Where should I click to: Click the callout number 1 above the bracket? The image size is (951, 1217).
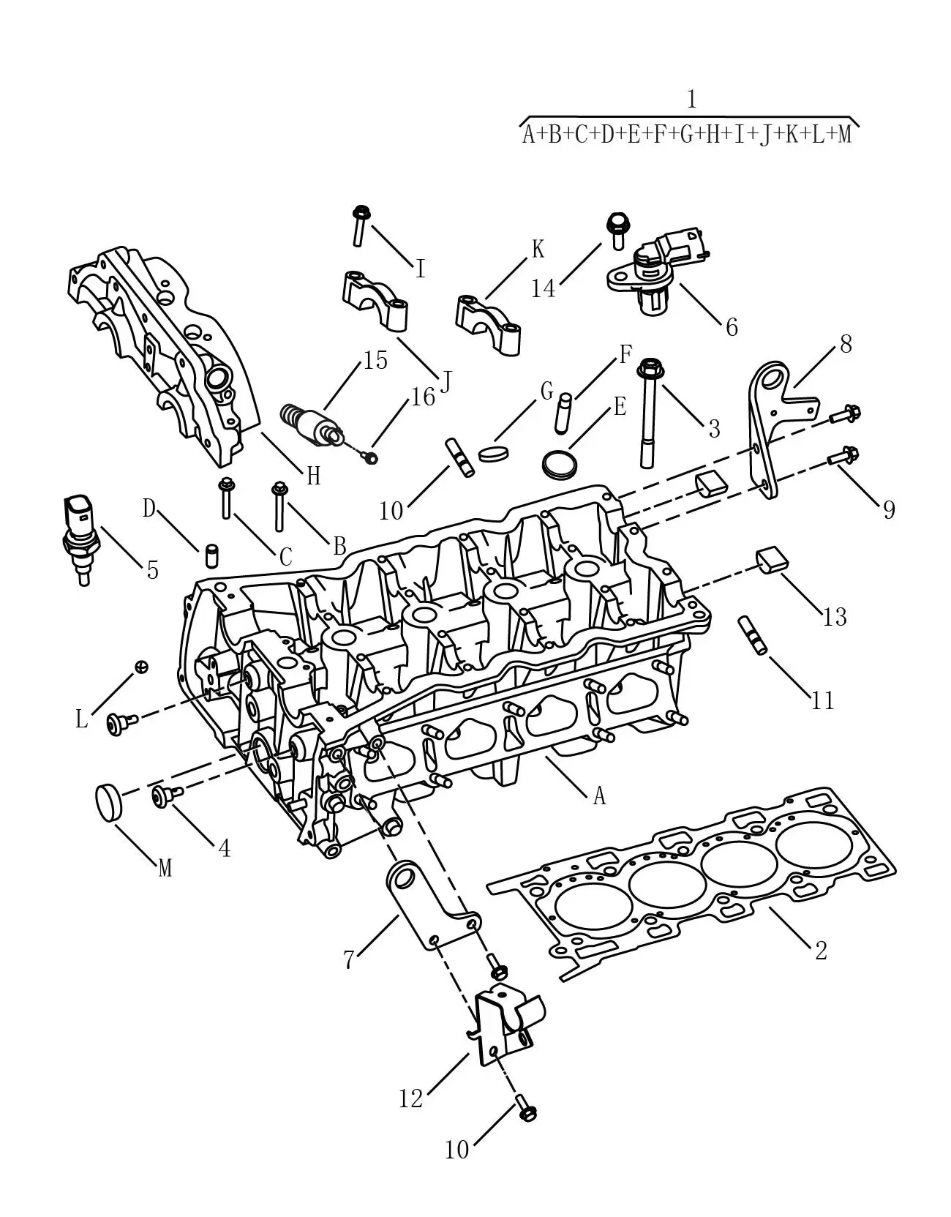pyautogui.click(x=692, y=100)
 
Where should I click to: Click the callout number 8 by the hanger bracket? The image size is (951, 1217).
pyautogui.click(x=846, y=345)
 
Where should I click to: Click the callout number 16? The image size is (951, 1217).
pyautogui.click(x=423, y=397)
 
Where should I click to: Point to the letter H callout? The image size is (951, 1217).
pyautogui.click(x=313, y=476)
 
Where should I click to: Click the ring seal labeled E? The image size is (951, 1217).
pyautogui.click(x=560, y=464)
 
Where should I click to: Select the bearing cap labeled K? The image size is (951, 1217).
pyautogui.click(x=488, y=326)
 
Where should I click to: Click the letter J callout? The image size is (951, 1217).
pyautogui.click(x=446, y=383)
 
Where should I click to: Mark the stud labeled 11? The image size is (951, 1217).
pyautogui.click(x=753, y=634)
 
